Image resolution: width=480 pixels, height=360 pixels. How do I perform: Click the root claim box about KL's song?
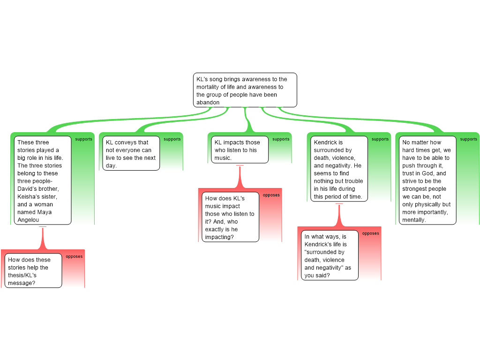(x=245, y=90)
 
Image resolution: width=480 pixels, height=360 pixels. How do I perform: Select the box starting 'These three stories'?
(x=43, y=180)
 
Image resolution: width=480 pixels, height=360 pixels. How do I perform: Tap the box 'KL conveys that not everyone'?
(x=131, y=153)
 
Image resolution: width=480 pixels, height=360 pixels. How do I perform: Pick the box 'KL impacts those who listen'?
(x=240, y=150)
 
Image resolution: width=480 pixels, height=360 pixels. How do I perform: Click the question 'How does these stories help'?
(x=34, y=271)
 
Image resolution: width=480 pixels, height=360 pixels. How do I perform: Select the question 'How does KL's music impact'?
(x=231, y=217)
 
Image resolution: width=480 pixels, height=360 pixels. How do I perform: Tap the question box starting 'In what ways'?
(x=330, y=255)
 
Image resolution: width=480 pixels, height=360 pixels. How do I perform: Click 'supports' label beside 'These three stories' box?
(x=84, y=139)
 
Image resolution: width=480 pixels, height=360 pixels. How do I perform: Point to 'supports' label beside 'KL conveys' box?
(x=172, y=139)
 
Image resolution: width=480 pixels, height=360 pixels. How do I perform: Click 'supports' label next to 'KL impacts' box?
(x=281, y=139)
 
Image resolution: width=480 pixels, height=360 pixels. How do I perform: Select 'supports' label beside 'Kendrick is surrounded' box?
(x=380, y=139)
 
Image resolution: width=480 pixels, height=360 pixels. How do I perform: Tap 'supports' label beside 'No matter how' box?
(x=469, y=139)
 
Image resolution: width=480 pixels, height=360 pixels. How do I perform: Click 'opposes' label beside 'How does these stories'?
(x=74, y=257)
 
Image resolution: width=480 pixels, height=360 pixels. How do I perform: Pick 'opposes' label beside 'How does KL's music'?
(x=271, y=195)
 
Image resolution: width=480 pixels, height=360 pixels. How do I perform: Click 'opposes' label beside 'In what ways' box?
(x=370, y=233)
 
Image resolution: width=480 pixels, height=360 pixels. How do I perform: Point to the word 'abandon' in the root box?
(x=208, y=103)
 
